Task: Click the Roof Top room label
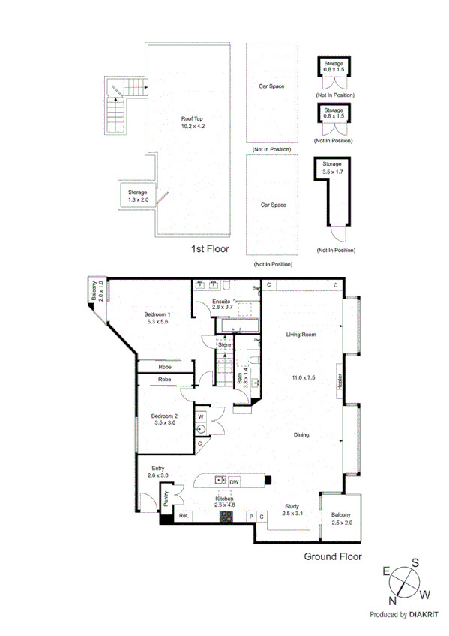(x=192, y=118)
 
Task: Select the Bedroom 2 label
(x=163, y=415)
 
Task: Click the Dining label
(x=301, y=434)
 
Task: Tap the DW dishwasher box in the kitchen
(x=234, y=481)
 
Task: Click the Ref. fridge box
(x=183, y=517)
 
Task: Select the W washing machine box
(x=201, y=415)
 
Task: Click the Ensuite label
(x=222, y=301)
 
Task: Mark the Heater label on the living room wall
(x=340, y=382)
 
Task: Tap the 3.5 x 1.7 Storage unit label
(x=331, y=163)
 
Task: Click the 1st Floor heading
(x=210, y=248)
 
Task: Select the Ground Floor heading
(x=332, y=556)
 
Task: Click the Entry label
(x=158, y=468)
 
